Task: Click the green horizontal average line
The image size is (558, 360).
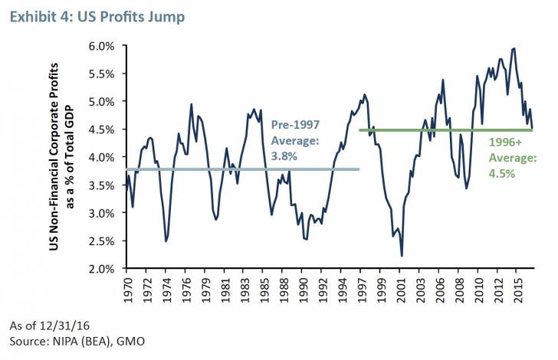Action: tap(429, 129)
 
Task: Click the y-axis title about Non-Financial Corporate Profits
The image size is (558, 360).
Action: tap(70, 156)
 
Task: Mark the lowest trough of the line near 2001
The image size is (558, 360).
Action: tap(402, 256)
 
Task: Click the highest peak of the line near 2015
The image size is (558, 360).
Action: tap(514, 48)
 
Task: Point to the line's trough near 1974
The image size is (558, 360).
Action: tap(166, 241)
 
